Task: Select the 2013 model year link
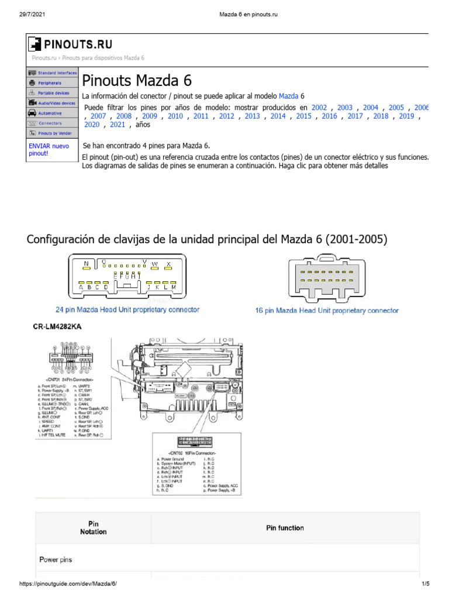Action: (252, 116)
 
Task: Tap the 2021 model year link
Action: (117, 125)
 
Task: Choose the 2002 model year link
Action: (319, 107)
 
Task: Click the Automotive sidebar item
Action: (50, 113)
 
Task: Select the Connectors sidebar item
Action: (50, 123)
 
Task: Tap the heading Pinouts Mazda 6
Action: (137, 81)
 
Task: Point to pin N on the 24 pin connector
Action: (87, 264)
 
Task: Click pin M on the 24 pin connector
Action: (174, 287)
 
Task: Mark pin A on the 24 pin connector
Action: (81, 287)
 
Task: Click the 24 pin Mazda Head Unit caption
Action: (127, 309)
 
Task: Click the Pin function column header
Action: (285, 528)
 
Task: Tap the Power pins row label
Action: (56, 560)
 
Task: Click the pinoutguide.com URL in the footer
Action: (72, 584)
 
